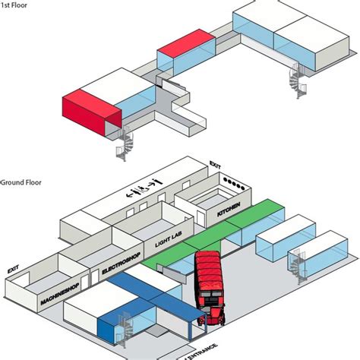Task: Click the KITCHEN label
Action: click(229, 210)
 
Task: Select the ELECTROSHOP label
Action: click(121, 264)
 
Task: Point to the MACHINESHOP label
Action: click(60, 294)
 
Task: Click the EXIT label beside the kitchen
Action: click(215, 165)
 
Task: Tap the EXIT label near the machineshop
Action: click(13, 269)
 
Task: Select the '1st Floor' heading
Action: click(14, 5)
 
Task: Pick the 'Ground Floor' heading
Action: click(21, 182)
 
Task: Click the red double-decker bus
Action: click(209, 288)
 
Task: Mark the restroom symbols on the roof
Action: click(144, 189)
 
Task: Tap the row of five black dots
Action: click(234, 184)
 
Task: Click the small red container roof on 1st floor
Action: click(186, 43)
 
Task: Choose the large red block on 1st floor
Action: click(92, 111)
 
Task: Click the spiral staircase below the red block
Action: click(125, 144)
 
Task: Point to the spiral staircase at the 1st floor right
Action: click(298, 81)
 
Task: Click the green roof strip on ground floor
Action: click(213, 233)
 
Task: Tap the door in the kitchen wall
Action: click(201, 218)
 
